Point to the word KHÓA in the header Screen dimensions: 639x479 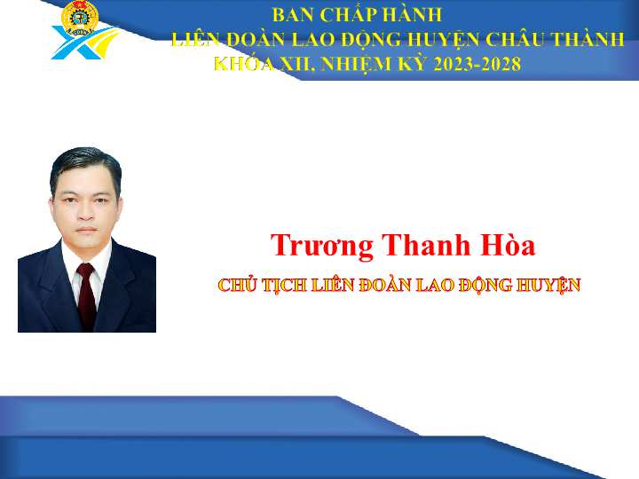(x=244, y=63)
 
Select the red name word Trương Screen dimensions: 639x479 (x=322, y=246)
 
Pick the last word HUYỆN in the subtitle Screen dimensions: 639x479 (x=548, y=285)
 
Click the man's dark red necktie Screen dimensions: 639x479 (x=86, y=294)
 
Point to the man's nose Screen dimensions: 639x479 (x=86, y=212)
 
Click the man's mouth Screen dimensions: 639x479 (x=86, y=230)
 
